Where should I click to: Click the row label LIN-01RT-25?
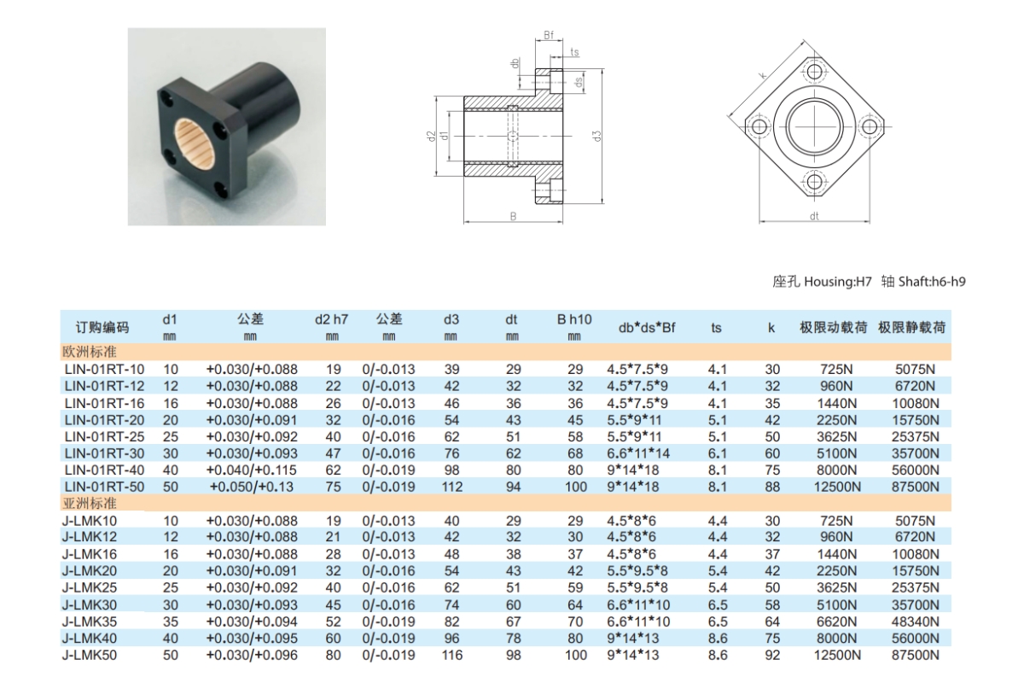click(x=104, y=436)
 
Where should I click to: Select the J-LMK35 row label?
click(x=89, y=621)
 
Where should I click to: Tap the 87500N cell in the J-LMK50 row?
click(x=917, y=654)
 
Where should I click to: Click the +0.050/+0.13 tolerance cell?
click(x=253, y=487)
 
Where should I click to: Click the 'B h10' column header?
click(x=575, y=320)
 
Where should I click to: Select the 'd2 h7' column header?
click(x=332, y=320)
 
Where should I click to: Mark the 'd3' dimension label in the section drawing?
click(x=599, y=136)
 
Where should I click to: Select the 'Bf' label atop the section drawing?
click(x=549, y=35)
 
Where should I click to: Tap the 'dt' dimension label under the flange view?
click(x=814, y=217)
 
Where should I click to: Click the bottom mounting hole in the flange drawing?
click(x=814, y=181)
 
